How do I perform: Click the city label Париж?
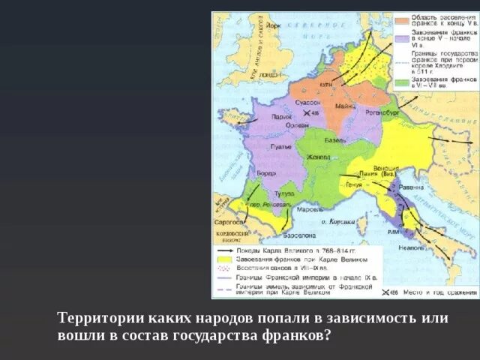pos(282,117)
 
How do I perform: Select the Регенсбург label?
pos(381,112)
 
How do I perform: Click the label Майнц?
pos(345,106)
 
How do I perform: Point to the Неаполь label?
pos(412,247)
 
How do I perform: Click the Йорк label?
pos(273,26)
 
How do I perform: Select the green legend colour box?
pos(403,81)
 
